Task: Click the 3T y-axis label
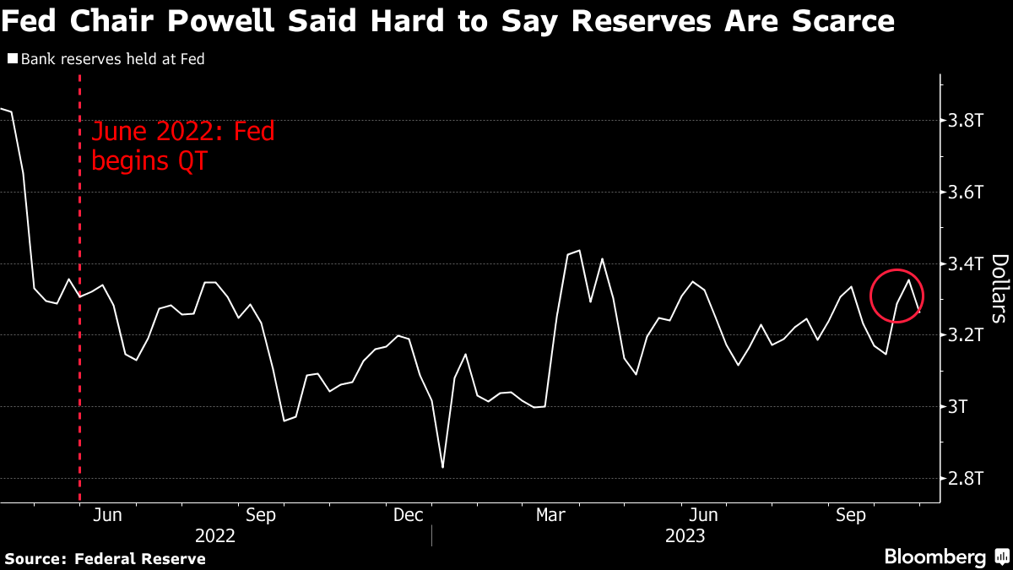(959, 407)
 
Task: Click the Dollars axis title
(999, 288)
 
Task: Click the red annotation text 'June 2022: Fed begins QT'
(182, 146)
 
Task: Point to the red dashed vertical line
(79, 380)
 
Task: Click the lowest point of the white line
(442, 467)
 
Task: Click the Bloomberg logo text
(934, 556)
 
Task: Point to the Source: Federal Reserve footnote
(106, 558)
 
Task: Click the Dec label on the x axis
(409, 514)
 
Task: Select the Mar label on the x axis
(551, 514)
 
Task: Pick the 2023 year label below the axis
(684, 535)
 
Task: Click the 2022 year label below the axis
(215, 535)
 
